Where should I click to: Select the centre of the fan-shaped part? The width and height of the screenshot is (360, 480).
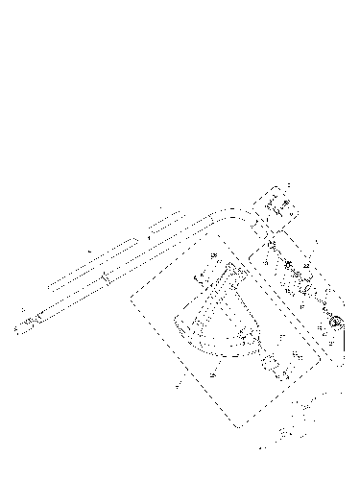[x=218, y=317]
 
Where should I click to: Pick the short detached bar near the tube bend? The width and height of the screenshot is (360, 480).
[x=162, y=225]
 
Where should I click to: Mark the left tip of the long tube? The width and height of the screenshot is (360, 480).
[x=17, y=327]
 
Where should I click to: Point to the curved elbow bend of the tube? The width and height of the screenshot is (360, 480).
[x=230, y=213]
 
